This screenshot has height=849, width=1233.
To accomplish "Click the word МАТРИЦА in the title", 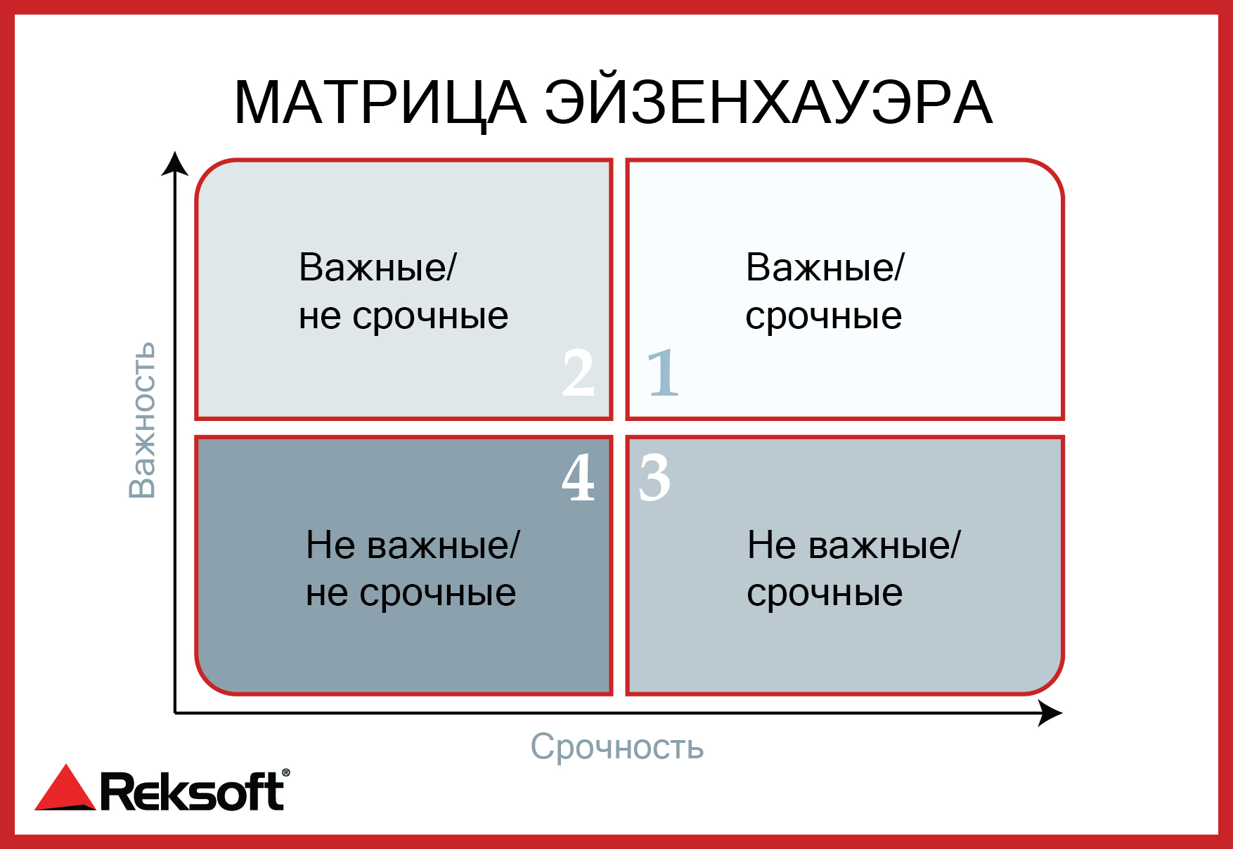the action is pyautogui.click(x=380, y=103).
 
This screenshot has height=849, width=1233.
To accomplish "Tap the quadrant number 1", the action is pyautogui.click(x=662, y=372).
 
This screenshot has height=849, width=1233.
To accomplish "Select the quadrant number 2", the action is pyautogui.click(x=578, y=372).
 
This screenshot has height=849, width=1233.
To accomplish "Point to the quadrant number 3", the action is pyautogui.click(x=654, y=477).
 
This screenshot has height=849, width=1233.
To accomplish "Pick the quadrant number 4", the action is pyautogui.click(x=579, y=477).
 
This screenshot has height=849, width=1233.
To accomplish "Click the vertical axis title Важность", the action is pyautogui.click(x=141, y=420).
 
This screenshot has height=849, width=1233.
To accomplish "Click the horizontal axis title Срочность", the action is pyautogui.click(x=617, y=746).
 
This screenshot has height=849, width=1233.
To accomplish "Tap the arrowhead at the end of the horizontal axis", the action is pyautogui.click(x=1051, y=713).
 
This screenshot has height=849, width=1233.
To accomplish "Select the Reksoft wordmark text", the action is pyautogui.click(x=192, y=791).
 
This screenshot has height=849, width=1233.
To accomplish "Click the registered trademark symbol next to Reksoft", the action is pyautogui.click(x=285, y=773).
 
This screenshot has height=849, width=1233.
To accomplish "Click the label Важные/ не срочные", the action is pyautogui.click(x=404, y=291).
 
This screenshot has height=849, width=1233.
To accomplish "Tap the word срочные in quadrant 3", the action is pyautogui.click(x=825, y=594).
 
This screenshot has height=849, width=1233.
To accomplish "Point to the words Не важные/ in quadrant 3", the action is pyautogui.click(x=853, y=545).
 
